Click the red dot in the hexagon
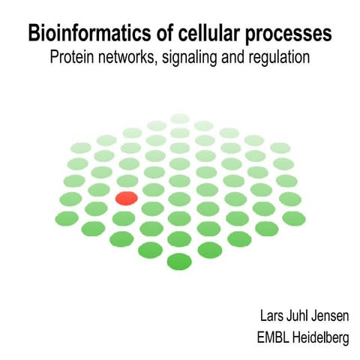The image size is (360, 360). pos(126,198)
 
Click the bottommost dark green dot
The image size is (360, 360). pos(179,261)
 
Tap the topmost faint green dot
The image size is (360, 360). pos(180,118)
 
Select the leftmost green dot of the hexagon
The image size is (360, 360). pos(70,197)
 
